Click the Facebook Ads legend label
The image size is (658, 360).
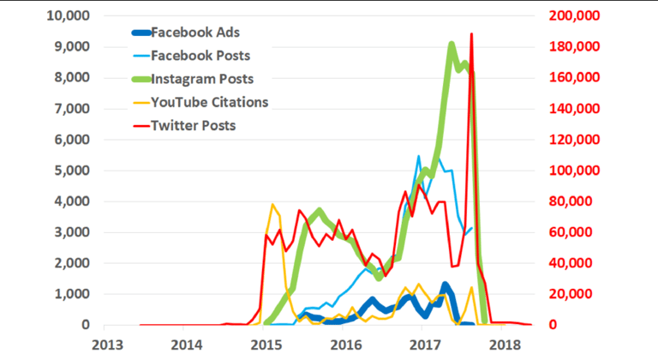pyautogui.click(x=195, y=33)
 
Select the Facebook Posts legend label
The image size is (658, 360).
pyautogui.click(x=200, y=57)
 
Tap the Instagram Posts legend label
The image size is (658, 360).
pyautogui.click(x=202, y=80)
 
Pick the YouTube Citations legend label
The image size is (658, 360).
pyautogui.click(x=209, y=103)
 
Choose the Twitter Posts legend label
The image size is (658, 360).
pyautogui.click(x=193, y=126)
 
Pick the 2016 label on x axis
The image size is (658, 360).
pyautogui.click(x=346, y=344)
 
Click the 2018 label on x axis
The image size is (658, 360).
pyautogui.click(x=505, y=344)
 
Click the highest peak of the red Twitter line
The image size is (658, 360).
pyautogui.click(x=471, y=35)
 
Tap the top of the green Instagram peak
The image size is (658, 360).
pyautogui.click(x=452, y=45)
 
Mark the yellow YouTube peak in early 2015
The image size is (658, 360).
pyautogui.click(x=272, y=205)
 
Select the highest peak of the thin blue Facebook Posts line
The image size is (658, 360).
pyautogui.click(x=419, y=157)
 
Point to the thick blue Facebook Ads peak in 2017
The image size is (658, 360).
pyautogui.click(x=446, y=285)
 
